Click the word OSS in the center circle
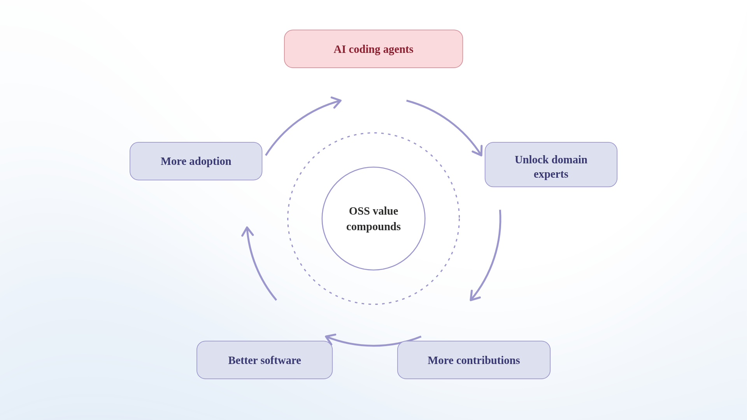359,211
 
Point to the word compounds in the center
373,227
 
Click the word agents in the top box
398,49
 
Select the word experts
551,174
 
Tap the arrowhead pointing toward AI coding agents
337,101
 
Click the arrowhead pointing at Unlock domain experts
479,152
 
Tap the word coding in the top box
364,49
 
